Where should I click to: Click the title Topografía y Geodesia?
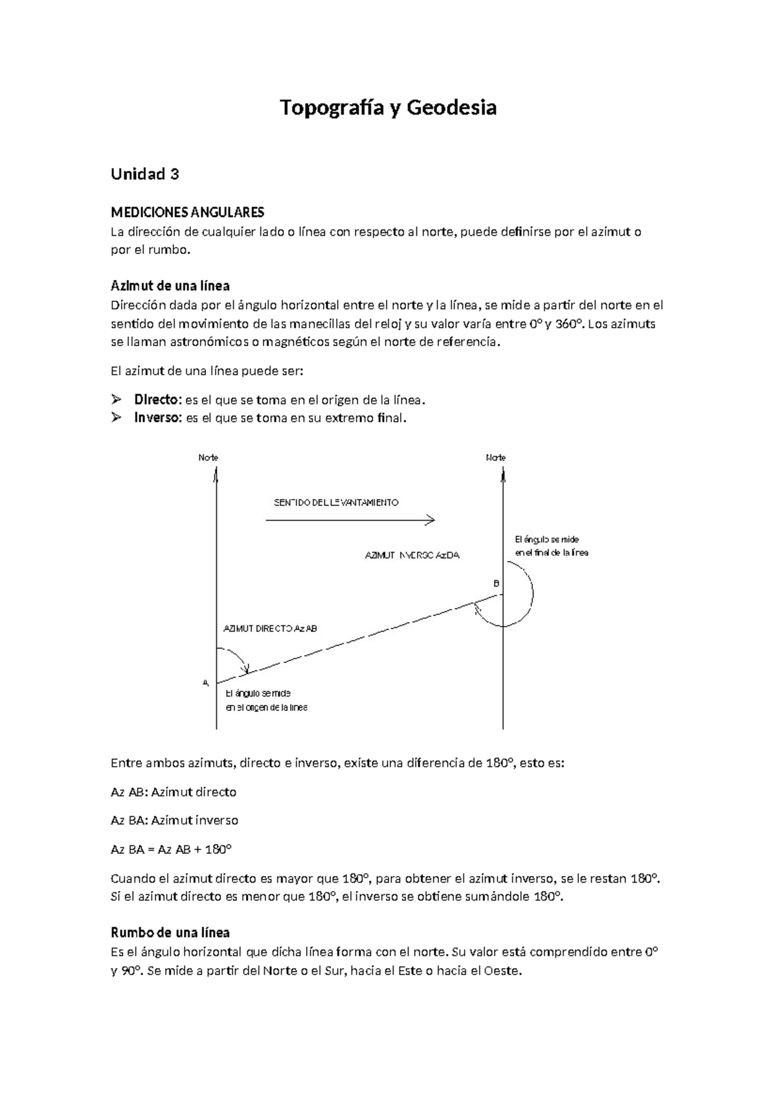[388, 108]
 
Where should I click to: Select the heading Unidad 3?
[144, 174]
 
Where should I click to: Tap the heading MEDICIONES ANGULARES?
[187, 213]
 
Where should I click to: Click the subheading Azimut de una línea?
[170, 286]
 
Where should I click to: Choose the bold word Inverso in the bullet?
[157, 418]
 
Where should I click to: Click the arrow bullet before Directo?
[117, 399]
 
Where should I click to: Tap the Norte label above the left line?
[208, 457]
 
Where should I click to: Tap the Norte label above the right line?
[495, 457]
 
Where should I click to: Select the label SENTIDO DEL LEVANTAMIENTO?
[336, 503]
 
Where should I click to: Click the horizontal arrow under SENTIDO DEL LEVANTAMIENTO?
[350, 520]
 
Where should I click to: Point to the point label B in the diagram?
[497, 583]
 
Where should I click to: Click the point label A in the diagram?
[205, 682]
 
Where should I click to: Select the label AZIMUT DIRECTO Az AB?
[270, 629]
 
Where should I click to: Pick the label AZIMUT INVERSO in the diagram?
[412, 555]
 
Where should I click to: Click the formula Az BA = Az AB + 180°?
[171, 849]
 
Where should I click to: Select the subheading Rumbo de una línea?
[170, 933]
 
